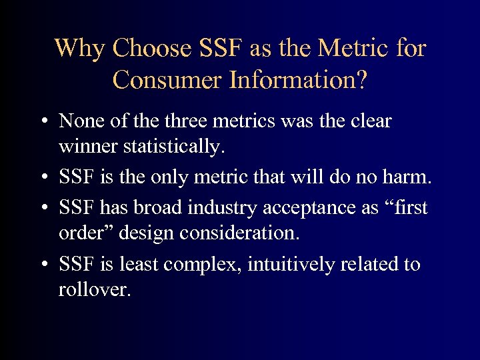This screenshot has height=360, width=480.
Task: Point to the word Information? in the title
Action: pyautogui.click(x=297, y=79)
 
